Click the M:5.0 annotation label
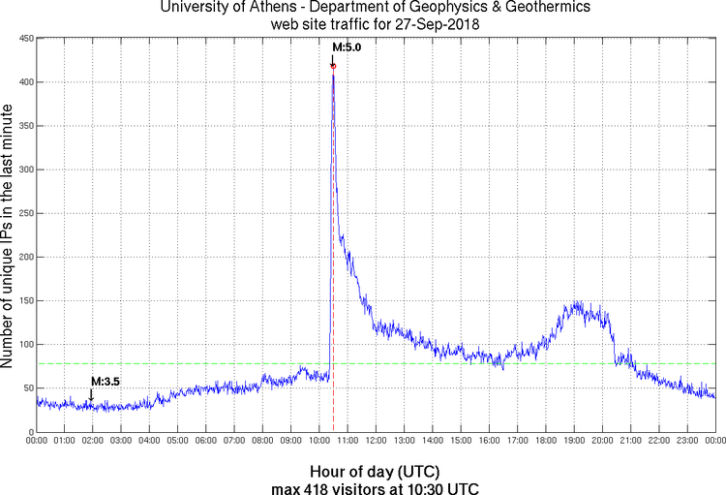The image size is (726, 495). coord(347,46)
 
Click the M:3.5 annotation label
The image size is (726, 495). coord(105,382)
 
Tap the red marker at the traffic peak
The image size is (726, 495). coord(333,66)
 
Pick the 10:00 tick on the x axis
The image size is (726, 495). coord(319,441)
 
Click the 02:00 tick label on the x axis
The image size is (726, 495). coord(93,441)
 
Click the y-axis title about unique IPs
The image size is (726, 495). coord(9,235)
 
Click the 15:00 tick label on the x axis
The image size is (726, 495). coord(461,441)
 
